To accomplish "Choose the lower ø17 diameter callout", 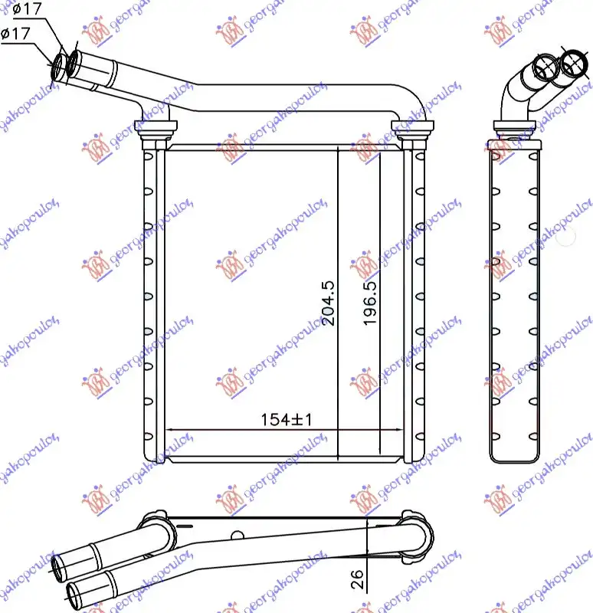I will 16,34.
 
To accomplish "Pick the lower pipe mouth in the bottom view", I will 74,590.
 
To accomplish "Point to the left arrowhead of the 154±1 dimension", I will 170,429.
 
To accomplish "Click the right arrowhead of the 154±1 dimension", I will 377,429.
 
